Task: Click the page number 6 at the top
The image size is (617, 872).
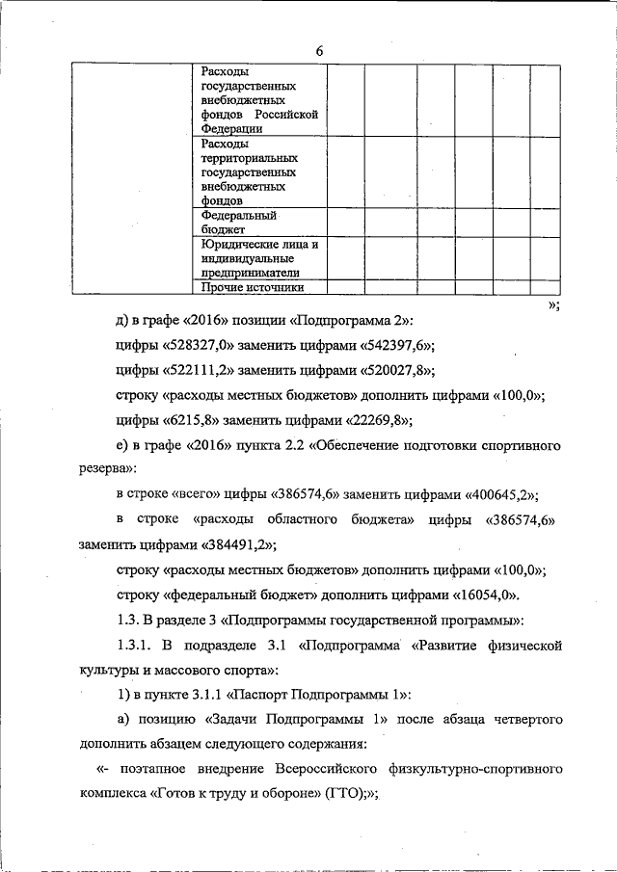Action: pos(318,51)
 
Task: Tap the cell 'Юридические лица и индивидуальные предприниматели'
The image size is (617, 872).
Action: pos(259,258)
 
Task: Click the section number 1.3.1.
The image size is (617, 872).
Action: pos(133,645)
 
